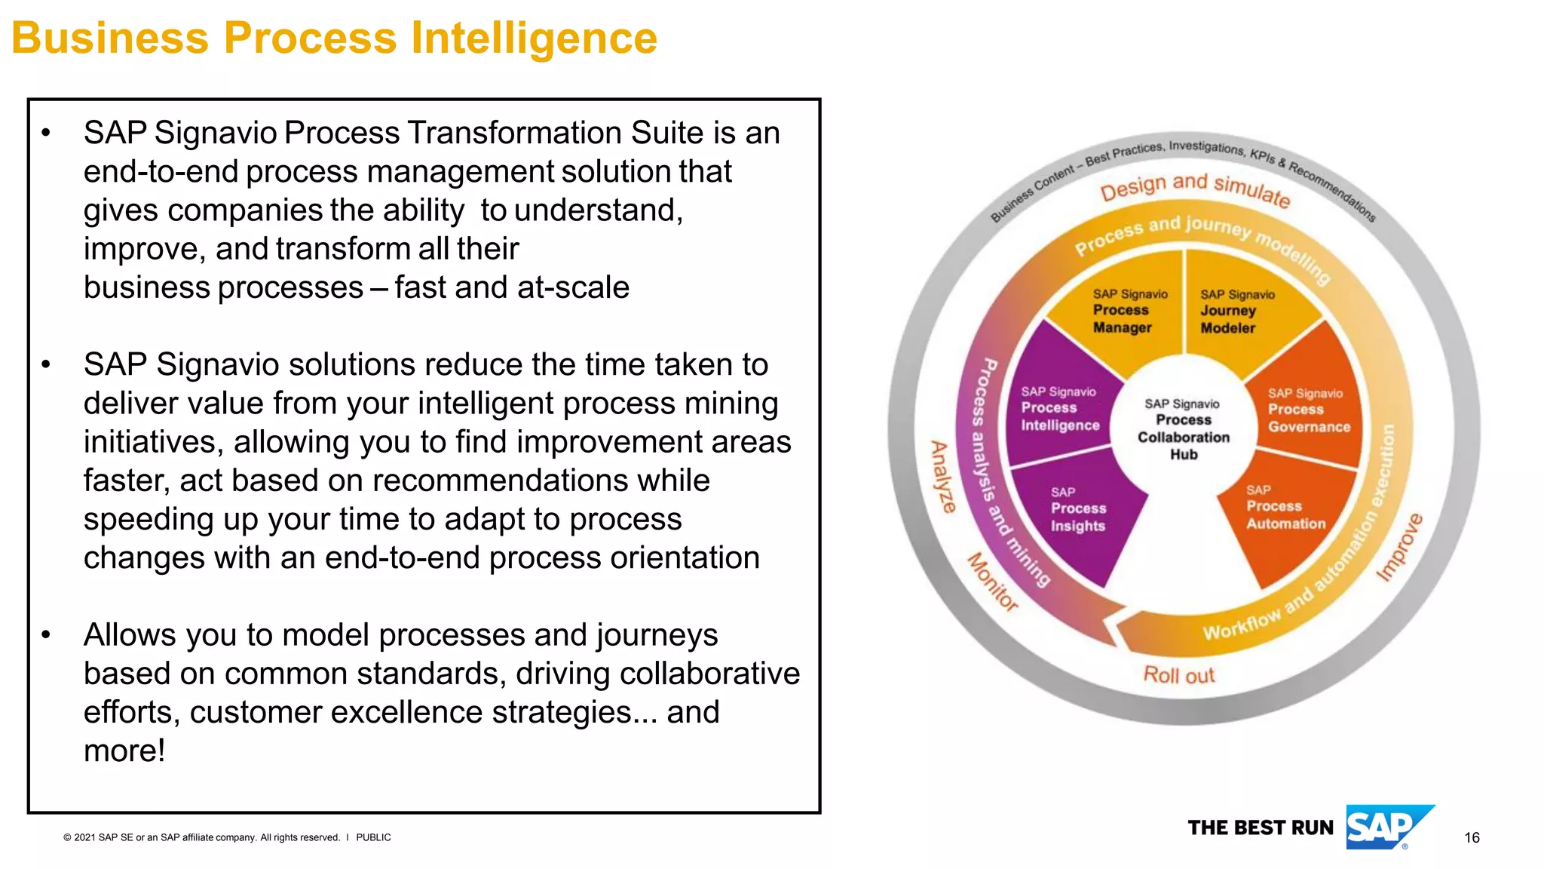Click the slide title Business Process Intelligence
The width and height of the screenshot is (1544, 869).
(x=334, y=38)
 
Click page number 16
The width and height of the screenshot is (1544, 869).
(x=1472, y=837)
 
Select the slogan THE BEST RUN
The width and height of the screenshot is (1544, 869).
(x=1261, y=828)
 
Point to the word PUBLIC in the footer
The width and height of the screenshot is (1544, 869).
(x=373, y=837)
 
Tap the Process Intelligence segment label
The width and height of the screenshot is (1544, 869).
(x=1059, y=409)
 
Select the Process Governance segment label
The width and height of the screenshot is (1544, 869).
(x=1308, y=410)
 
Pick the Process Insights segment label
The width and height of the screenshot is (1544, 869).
(x=1078, y=509)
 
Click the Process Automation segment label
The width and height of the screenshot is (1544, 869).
(x=1285, y=507)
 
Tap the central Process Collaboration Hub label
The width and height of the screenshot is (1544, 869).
(x=1183, y=428)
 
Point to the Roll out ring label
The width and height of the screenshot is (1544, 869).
(x=1178, y=674)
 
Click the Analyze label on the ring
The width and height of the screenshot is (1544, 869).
(x=942, y=477)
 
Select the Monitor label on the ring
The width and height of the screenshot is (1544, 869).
(x=993, y=582)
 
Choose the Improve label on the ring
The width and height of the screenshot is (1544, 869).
(x=1399, y=547)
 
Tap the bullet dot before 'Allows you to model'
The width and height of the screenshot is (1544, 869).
(x=47, y=635)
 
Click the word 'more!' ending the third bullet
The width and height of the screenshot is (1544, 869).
(x=124, y=751)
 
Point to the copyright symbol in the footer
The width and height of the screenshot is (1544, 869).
(x=67, y=837)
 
